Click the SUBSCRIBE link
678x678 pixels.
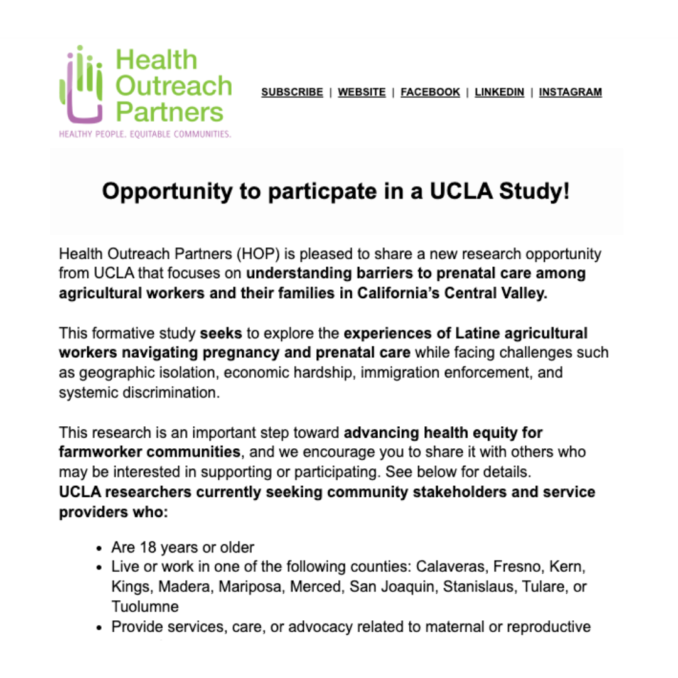[x=292, y=92]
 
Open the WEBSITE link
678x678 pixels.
[x=362, y=92]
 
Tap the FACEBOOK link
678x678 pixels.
[x=430, y=92]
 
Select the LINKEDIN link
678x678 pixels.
[x=499, y=92]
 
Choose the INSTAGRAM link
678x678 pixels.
[x=570, y=92]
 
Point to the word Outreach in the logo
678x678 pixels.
[x=174, y=86]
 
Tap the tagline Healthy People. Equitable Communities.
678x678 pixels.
[x=145, y=134]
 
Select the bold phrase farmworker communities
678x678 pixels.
[x=149, y=452]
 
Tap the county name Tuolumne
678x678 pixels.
[x=145, y=606]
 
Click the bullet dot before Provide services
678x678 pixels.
[x=99, y=627]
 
